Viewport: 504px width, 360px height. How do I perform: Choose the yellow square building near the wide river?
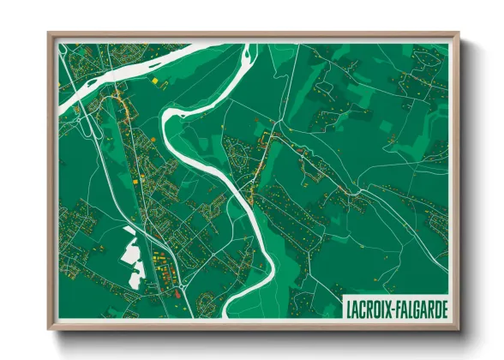coord(155,81)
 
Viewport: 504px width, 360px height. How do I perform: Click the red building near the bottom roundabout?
coord(177,293)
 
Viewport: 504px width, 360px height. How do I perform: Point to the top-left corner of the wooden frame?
coord(49,33)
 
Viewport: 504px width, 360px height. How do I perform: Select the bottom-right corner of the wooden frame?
coord(459,329)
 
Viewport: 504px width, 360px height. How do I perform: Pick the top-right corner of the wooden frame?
coord(459,33)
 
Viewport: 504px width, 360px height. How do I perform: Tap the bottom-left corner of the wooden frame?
coord(49,329)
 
